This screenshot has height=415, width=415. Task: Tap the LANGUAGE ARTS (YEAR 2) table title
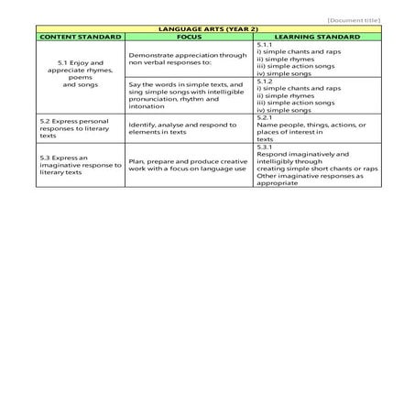(x=207, y=28)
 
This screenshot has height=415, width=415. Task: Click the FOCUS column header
(x=189, y=37)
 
